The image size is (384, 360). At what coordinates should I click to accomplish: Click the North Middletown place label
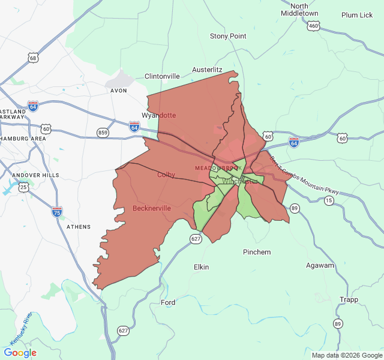pos(299,8)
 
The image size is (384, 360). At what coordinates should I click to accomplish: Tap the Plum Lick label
pos(357,15)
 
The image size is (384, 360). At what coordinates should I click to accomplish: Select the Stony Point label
pos(228,36)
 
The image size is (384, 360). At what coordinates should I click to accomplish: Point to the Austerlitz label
pos(208,70)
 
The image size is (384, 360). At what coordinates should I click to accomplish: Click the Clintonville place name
pos(162,76)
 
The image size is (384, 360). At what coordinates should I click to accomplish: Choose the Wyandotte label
pos(159,115)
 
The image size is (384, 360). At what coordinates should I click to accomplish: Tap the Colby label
pos(166,175)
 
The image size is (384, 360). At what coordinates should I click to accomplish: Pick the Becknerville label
pos(152,208)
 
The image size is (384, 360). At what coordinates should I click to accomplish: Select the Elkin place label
pos(201,266)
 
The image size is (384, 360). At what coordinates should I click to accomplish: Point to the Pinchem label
pos(257,252)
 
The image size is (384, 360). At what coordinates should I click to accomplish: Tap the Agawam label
pos(320,265)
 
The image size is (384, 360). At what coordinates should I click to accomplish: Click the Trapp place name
pos(349,299)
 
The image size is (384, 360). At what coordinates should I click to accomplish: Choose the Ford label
pos(168,302)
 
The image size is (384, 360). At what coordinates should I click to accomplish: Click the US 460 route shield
pos(313,26)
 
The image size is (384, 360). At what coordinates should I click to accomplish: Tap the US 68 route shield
pos(33,58)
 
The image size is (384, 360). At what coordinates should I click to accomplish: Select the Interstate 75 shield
pos(57,211)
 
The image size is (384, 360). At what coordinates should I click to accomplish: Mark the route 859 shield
pos(103,132)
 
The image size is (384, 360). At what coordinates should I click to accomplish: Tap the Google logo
pos(20,353)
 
